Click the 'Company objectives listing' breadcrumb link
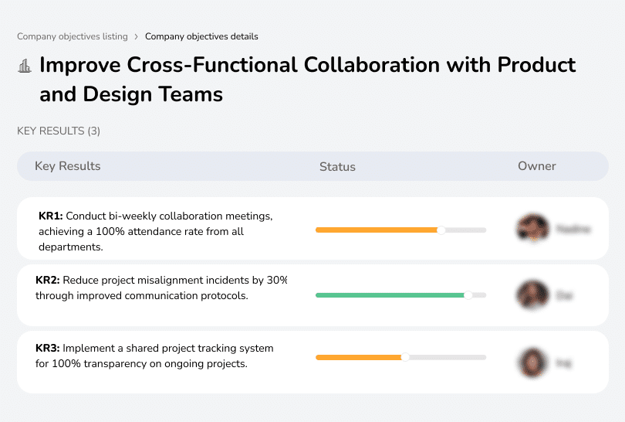[73, 36]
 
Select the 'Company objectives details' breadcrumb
[201, 36]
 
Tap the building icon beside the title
[25, 66]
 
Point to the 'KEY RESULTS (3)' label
[59, 131]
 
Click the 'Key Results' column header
[67, 166]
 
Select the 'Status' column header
[337, 166]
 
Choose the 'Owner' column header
[536, 166]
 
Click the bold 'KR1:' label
[50, 216]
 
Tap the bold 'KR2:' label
[48, 281]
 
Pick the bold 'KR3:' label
[48, 349]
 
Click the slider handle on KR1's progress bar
[441, 230]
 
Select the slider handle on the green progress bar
[468, 294]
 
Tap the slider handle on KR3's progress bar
[405, 357]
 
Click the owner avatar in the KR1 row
[532, 229]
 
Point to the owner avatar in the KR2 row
[532, 294]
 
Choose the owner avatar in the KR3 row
[532, 362]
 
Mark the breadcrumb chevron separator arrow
[137, 36]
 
